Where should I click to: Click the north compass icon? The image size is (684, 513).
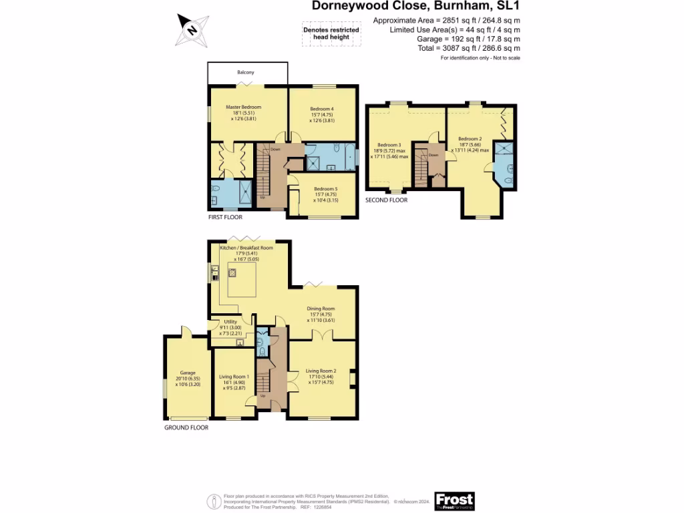[192, 29]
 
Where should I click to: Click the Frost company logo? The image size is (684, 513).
[454, 500]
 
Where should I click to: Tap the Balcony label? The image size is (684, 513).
[246, 72]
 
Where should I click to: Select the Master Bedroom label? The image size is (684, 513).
[243, 108]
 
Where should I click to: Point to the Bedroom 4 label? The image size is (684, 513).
[321, 109]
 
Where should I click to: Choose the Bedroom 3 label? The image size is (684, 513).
[389, 145]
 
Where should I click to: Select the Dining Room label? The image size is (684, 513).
[321, 309]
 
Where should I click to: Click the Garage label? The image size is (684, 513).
[186, 373]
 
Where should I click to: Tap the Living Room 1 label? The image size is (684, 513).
[233, 377]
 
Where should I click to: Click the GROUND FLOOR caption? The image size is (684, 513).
[186, 427]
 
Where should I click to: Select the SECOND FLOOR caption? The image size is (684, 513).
[386, 200]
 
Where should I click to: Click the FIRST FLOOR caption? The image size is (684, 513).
[224, 217]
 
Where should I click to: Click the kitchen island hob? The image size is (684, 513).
[233, 273]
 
